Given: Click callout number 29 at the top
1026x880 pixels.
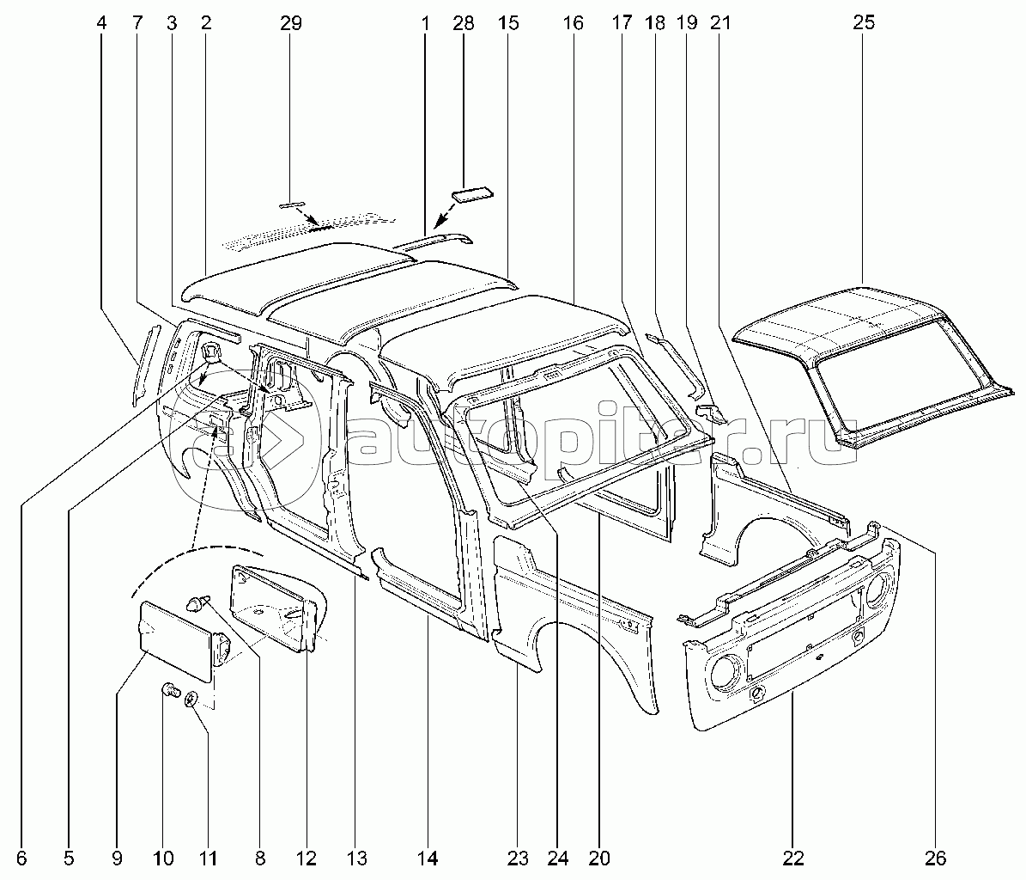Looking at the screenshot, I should coord(291,23).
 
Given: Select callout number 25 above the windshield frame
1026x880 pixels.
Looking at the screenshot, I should coord(864,23).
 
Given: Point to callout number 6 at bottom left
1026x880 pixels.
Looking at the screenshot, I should coord(21,857).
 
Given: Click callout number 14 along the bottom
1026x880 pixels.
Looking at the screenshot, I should coord(428,857).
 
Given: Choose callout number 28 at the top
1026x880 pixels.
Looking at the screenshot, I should coord(463,23).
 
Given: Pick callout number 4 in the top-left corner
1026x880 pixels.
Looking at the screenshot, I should coord(102,23).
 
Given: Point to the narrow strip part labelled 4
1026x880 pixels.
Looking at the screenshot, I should coord(142,364).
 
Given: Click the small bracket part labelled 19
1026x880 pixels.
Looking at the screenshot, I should coord(709,412).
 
